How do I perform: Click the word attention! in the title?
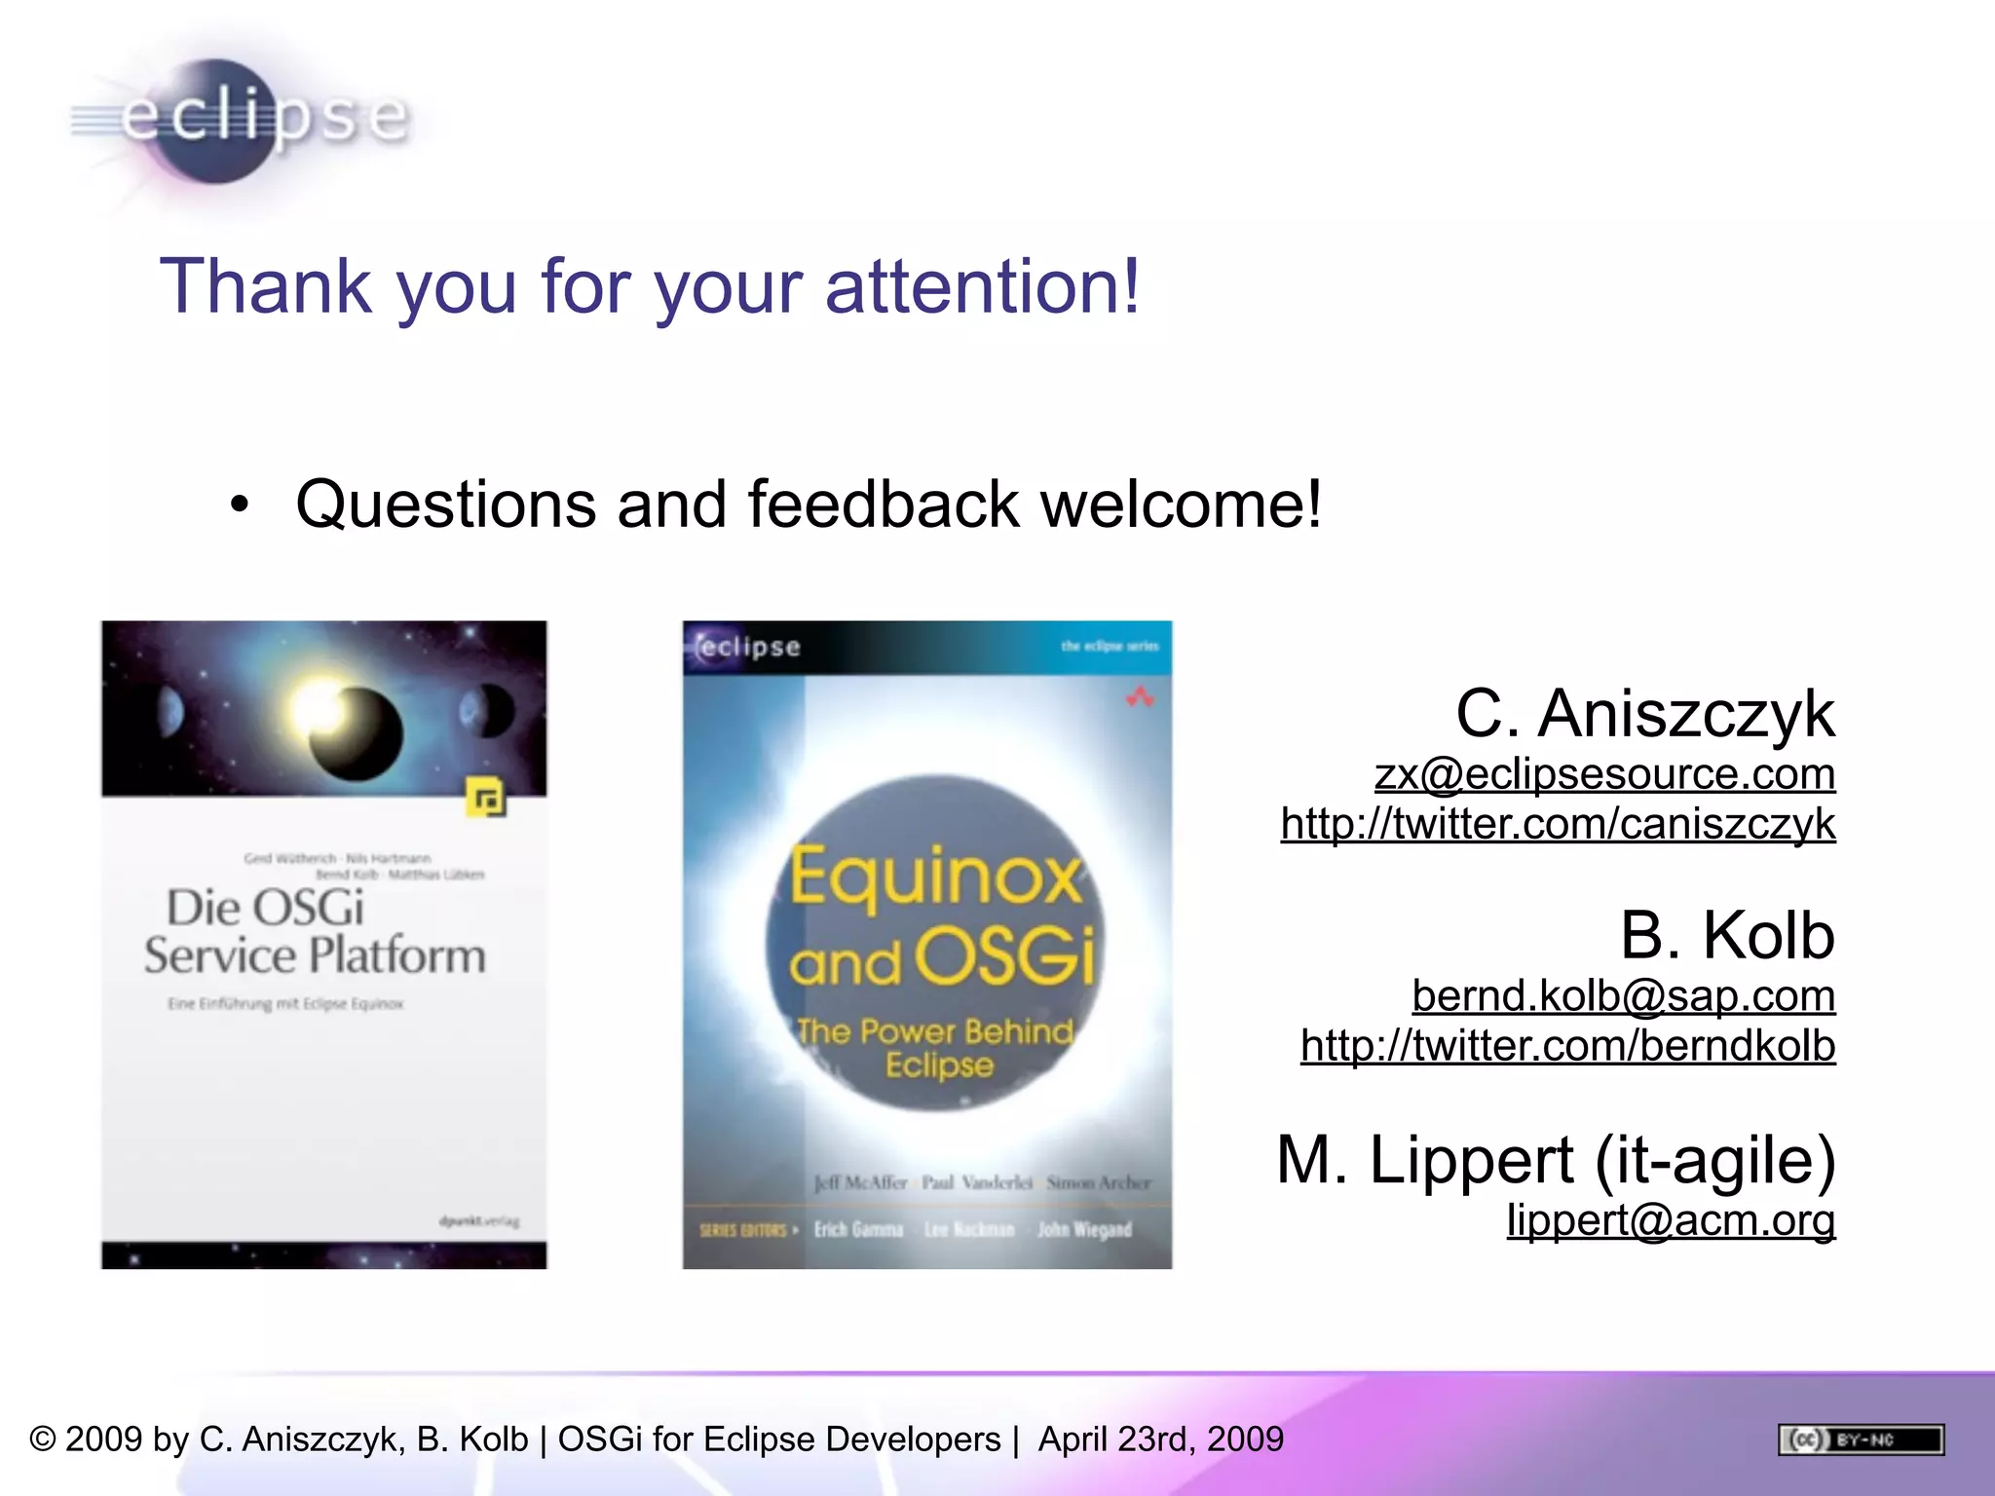pos(982,286)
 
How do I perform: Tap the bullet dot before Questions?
pos(240,505)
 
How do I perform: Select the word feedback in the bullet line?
pos(884,505)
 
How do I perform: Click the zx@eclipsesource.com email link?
pos(1604,774)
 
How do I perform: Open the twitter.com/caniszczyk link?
pos(1558,824)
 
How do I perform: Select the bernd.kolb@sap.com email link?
pos(1623,995)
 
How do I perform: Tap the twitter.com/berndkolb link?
pos(1567,1046)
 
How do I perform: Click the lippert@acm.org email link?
pos(1671,1219)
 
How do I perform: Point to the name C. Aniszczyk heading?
pos(1644,714)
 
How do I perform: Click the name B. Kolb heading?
pos(1727,935)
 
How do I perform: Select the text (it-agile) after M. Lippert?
pos(1715,1160)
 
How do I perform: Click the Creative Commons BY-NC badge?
pos(1861,1440)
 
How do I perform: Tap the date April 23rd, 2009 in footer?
pos(1160,1440)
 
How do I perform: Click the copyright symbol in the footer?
pos(43,1440)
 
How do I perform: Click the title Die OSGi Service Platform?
pos(314,932)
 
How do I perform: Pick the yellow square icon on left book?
pos(485,798)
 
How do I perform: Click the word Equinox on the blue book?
pos(935,877)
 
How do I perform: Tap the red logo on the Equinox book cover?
pos(1140,697)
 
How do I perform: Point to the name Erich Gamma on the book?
pos(858,1230)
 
